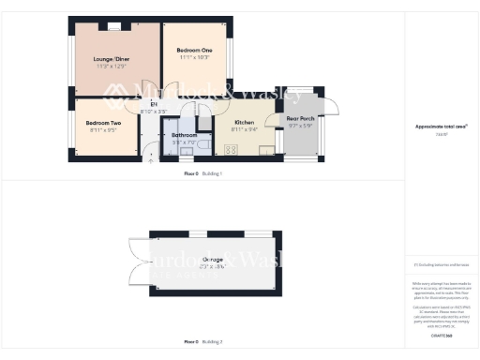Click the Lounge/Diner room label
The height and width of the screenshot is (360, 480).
[109, 60]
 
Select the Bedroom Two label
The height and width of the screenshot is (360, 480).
[103, 123]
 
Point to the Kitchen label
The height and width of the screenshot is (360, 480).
[245, 123]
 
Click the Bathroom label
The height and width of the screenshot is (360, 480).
[184, 135]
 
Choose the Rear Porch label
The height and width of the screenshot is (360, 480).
[301, 119]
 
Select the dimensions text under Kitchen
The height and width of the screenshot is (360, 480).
[245, 130]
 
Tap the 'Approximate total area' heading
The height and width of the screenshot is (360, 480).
[441, 126]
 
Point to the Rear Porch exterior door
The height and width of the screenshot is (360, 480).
[327, 110]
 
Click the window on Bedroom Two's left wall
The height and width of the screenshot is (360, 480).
[69, 127]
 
